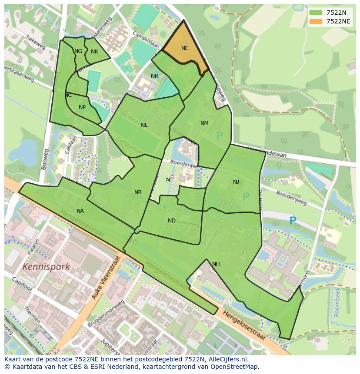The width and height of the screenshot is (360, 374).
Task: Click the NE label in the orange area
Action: pyautogui.click(x=185, y=48)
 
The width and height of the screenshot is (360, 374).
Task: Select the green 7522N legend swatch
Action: pyautogui.click(x=317, y=13)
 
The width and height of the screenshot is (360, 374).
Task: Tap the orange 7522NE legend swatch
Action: pyautogui.click(x=317, y=21)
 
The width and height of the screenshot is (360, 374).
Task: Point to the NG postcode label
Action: pyautogui.click(x=78, y=51)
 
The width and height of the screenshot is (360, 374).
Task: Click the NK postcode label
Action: pyautogui.click(x=94, y=52)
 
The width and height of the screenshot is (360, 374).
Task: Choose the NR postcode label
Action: pyautogui.click(x=154, y=76)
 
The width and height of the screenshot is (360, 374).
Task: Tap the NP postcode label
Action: pyautogui.click(x=82, y=107)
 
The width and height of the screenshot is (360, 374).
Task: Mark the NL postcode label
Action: pyautogui.click(x=144, y=125)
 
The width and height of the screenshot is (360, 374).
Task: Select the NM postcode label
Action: pyautogui.click(x=204, y=123)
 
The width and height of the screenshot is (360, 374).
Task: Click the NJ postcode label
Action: pyautogui.click(x=236, y=182)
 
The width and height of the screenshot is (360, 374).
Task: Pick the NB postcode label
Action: pyautogui.click(x=138, y=192)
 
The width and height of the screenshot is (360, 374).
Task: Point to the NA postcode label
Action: pyautogui.click(x=80, y=211)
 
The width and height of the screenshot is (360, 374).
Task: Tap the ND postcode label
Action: pyautogui.click(x=172, y=221)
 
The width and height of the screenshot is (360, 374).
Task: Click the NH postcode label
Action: pyautogui.click(x=216, y=264)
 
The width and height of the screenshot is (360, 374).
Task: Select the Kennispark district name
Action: pyautogui.click(x=46, y=267)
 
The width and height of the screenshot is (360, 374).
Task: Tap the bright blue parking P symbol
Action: pyautogui.click(x=293, y=221)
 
